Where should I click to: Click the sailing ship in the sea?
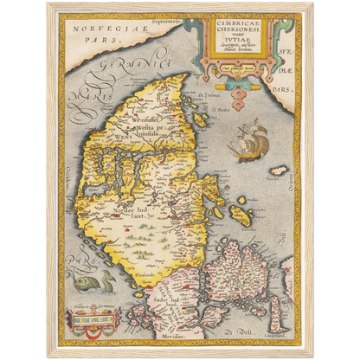click(247, 136)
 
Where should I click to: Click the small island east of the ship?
click(279, 170)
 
